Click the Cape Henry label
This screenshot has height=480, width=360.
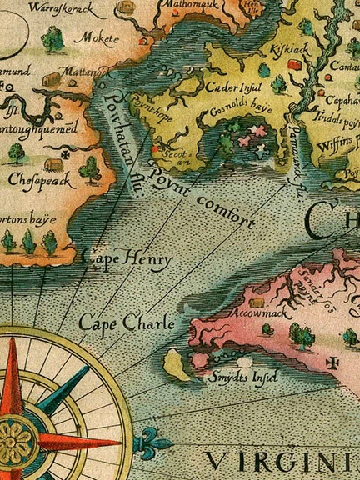click(x=127, y=259)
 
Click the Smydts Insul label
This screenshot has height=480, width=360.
click(x=242, y=377)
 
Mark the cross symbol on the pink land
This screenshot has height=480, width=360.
click(x=333, y=362)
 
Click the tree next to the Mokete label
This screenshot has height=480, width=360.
click(x=54, y=37)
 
